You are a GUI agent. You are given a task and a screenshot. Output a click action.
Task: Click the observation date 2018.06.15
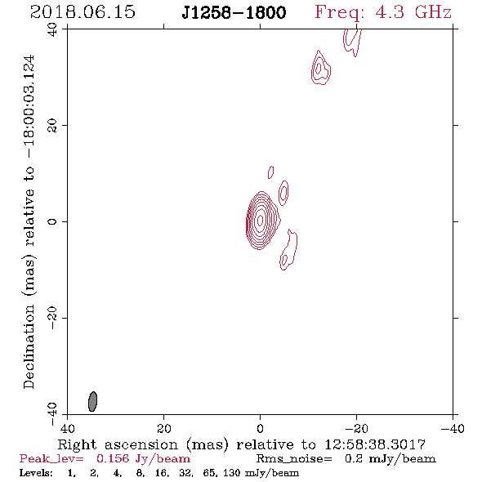[x=83, y=12]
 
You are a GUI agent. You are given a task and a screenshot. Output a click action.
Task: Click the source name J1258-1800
[x=234, y=12]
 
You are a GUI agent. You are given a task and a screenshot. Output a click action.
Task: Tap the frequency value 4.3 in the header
[x=390, y=12]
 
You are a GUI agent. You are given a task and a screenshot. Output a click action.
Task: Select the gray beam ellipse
[x=92, y=401]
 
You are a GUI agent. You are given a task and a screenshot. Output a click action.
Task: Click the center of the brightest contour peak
[x=260, y=220]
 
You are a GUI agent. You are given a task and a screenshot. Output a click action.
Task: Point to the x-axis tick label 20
[x=164, y=429]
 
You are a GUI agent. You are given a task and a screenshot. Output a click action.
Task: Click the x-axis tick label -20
[x=356, y=429]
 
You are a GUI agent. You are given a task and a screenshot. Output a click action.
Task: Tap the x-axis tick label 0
[x=260, y=429]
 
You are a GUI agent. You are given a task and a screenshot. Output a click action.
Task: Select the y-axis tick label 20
[x=52, y=126]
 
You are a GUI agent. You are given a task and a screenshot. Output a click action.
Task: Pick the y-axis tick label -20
[x=52, y=318]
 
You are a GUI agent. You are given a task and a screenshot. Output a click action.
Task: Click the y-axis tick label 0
[x=52, y=221]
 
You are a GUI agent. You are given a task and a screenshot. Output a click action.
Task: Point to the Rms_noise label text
[x=294, y=459]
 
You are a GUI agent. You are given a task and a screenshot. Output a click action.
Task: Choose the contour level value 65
[x=210, y=472]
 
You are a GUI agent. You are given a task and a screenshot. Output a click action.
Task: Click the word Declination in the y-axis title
[x=29, y=346]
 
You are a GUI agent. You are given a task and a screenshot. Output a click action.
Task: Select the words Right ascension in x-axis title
[x=118, y=444]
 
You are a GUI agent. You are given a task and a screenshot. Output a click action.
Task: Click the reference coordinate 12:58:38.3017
[x=375, y=444]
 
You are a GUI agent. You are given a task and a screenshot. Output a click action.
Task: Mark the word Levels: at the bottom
[x=36, y=472]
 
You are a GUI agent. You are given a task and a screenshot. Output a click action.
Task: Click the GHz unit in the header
[x=433, y=12]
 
